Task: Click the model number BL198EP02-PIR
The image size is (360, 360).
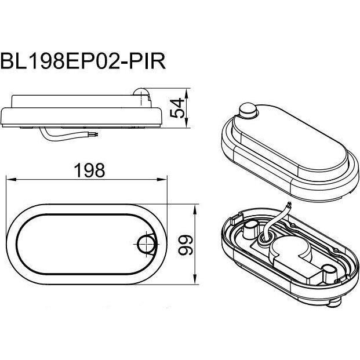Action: click(83, 61)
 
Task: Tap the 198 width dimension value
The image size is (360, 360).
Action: click(89, 170)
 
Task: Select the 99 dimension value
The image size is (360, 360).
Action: click(186, 245)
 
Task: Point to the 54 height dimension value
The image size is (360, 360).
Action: click(177, 108)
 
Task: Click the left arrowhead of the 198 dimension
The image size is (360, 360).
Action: click(11, 179)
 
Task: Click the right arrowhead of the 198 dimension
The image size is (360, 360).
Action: click(162, 179)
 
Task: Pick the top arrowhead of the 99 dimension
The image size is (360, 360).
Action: click(195, 209)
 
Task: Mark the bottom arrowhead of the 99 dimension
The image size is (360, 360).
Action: click(195, 279)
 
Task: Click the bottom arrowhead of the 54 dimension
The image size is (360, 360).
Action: click(187, 122)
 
